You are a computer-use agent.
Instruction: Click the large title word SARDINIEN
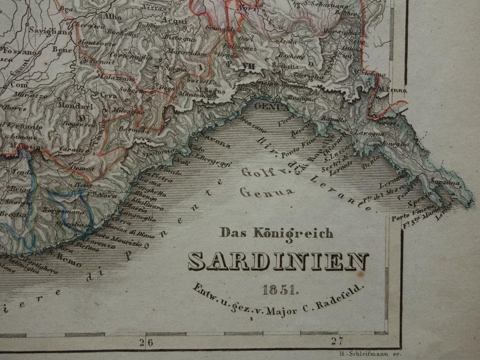coord(278,262)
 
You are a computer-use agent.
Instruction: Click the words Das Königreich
coord(276,232)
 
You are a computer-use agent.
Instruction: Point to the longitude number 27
coord(337,341)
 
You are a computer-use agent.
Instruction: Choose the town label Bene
coord(61,49)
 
